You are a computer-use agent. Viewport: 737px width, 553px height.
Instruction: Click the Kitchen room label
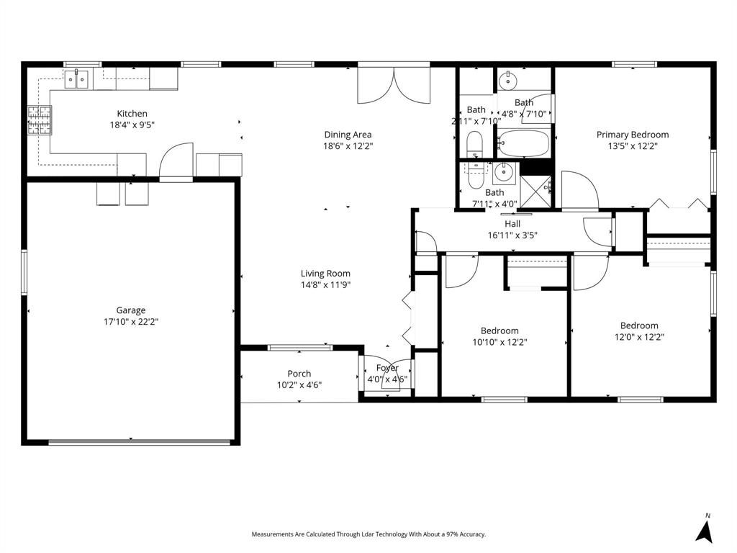click(132, 113)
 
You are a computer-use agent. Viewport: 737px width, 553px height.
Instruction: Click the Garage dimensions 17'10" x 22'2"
click(130, 322)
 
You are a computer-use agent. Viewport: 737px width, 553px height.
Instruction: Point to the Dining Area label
click(348, 134)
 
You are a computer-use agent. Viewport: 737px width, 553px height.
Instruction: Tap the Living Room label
click(325, 273)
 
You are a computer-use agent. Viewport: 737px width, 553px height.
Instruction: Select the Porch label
click(299, 373)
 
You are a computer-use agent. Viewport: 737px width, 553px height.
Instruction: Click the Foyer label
click(387, 368)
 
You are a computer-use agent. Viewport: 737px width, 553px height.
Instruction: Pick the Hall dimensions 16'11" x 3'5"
click(512, 235)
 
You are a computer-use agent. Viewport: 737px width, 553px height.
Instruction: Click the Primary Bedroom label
click(633, 134)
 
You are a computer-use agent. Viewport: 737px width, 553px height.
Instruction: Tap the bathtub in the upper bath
click(523, 143)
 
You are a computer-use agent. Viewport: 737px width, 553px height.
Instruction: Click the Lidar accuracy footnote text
click(368, 534)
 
